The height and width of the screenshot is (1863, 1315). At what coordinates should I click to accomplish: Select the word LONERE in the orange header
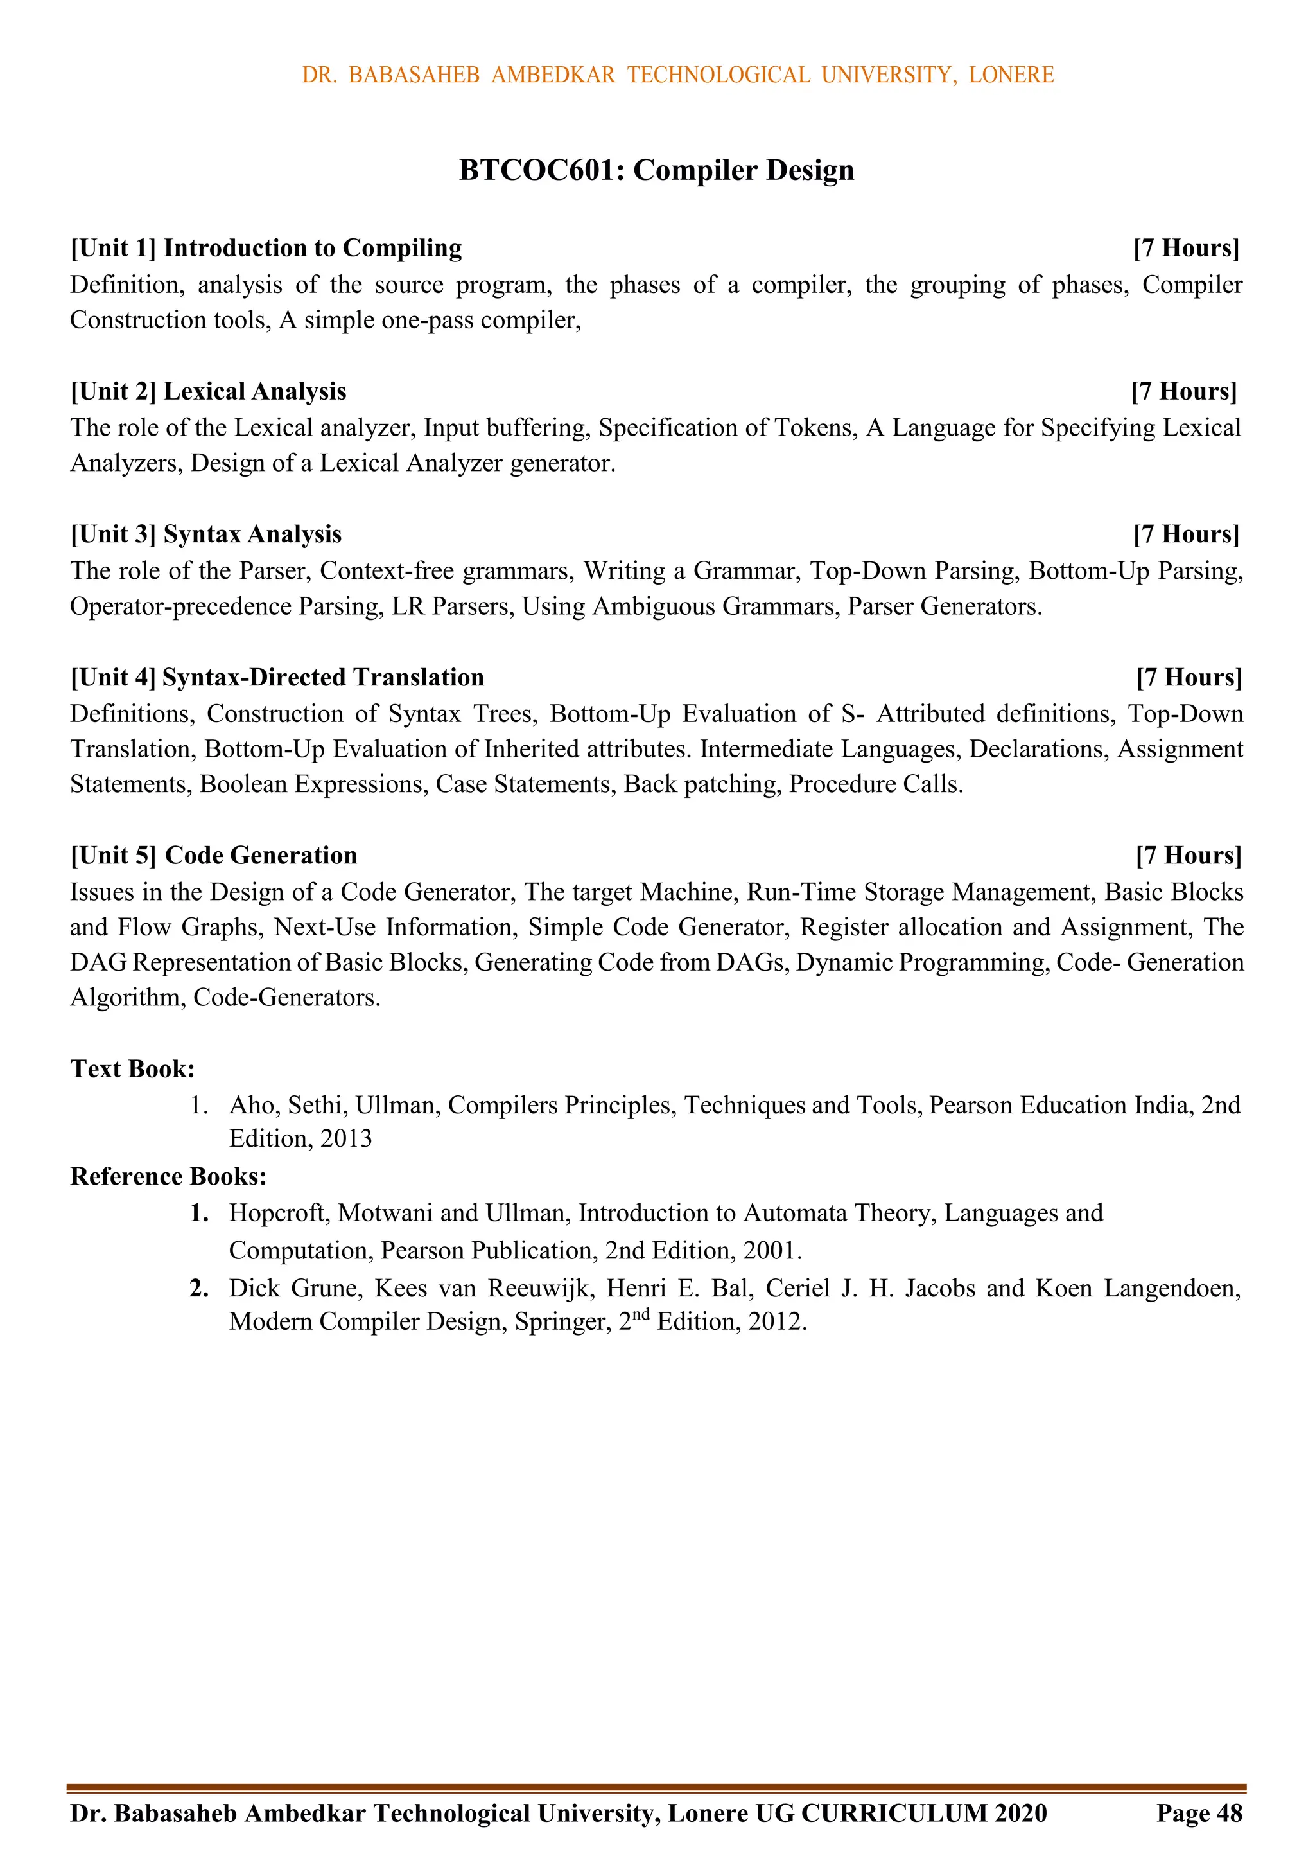point(1011,75)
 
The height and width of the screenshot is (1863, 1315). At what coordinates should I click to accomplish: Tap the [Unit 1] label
point(113,248)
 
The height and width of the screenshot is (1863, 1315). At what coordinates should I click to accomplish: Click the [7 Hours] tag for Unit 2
point(1183,392)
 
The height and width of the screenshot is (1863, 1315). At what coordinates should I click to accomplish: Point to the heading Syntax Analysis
point(252,534)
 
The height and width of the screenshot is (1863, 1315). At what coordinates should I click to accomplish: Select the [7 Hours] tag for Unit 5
point(1189,856)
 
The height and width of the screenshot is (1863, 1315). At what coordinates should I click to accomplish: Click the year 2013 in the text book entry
point(345,1139)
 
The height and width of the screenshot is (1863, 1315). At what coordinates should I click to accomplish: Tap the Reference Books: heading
point(168,1176)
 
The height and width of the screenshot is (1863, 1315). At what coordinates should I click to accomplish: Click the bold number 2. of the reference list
point(200,1289)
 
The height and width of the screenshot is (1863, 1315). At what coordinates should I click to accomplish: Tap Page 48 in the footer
point(1199,1814)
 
